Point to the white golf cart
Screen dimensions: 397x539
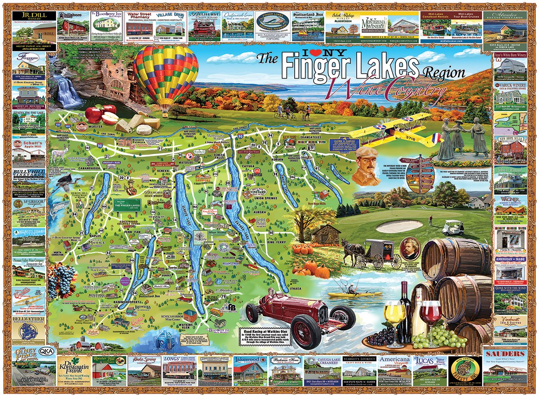[x=452, y=228]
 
